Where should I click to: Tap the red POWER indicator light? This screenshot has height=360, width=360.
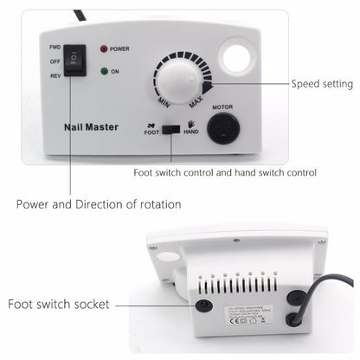(106, 49)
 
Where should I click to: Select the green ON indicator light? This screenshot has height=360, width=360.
(105, 73)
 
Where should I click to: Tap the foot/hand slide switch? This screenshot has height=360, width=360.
(173, 128)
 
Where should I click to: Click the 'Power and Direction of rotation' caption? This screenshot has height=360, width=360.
(100, 204)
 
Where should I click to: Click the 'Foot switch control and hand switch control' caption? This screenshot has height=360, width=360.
(223, 172)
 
